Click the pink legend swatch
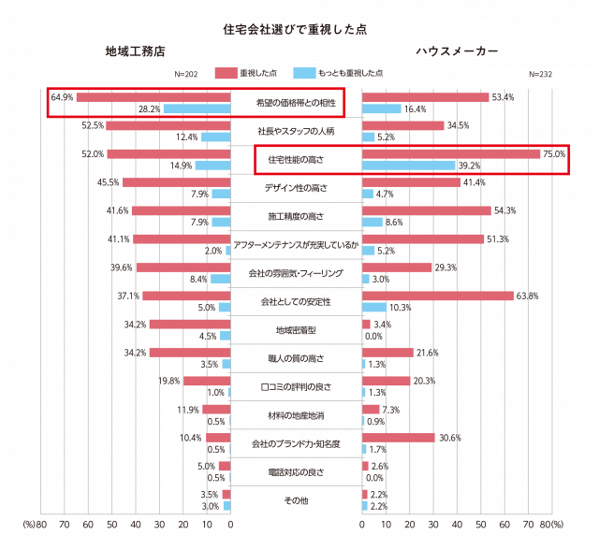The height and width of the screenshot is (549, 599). tap(226, 72)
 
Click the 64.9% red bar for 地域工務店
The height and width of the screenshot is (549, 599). tap(153, 97)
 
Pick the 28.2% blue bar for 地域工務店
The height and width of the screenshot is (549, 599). tap(197, 109)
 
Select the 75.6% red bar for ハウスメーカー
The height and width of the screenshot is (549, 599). tap(451, 154)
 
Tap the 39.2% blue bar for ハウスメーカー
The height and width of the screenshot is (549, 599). tap(408, 166)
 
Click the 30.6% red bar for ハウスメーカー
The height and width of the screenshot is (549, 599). tap(398, 438)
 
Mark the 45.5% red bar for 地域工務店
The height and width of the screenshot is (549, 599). tap(176, 182)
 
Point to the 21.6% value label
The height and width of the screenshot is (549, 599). tap(427, 353)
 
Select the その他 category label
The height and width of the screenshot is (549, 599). tap(296, 500)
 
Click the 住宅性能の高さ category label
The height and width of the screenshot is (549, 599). tap(296, 160)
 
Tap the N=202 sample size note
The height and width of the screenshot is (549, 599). tap(185, 73)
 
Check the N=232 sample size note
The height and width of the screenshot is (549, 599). tap(540, 73)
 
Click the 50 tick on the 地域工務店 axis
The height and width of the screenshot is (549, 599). tap(111, 527)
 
